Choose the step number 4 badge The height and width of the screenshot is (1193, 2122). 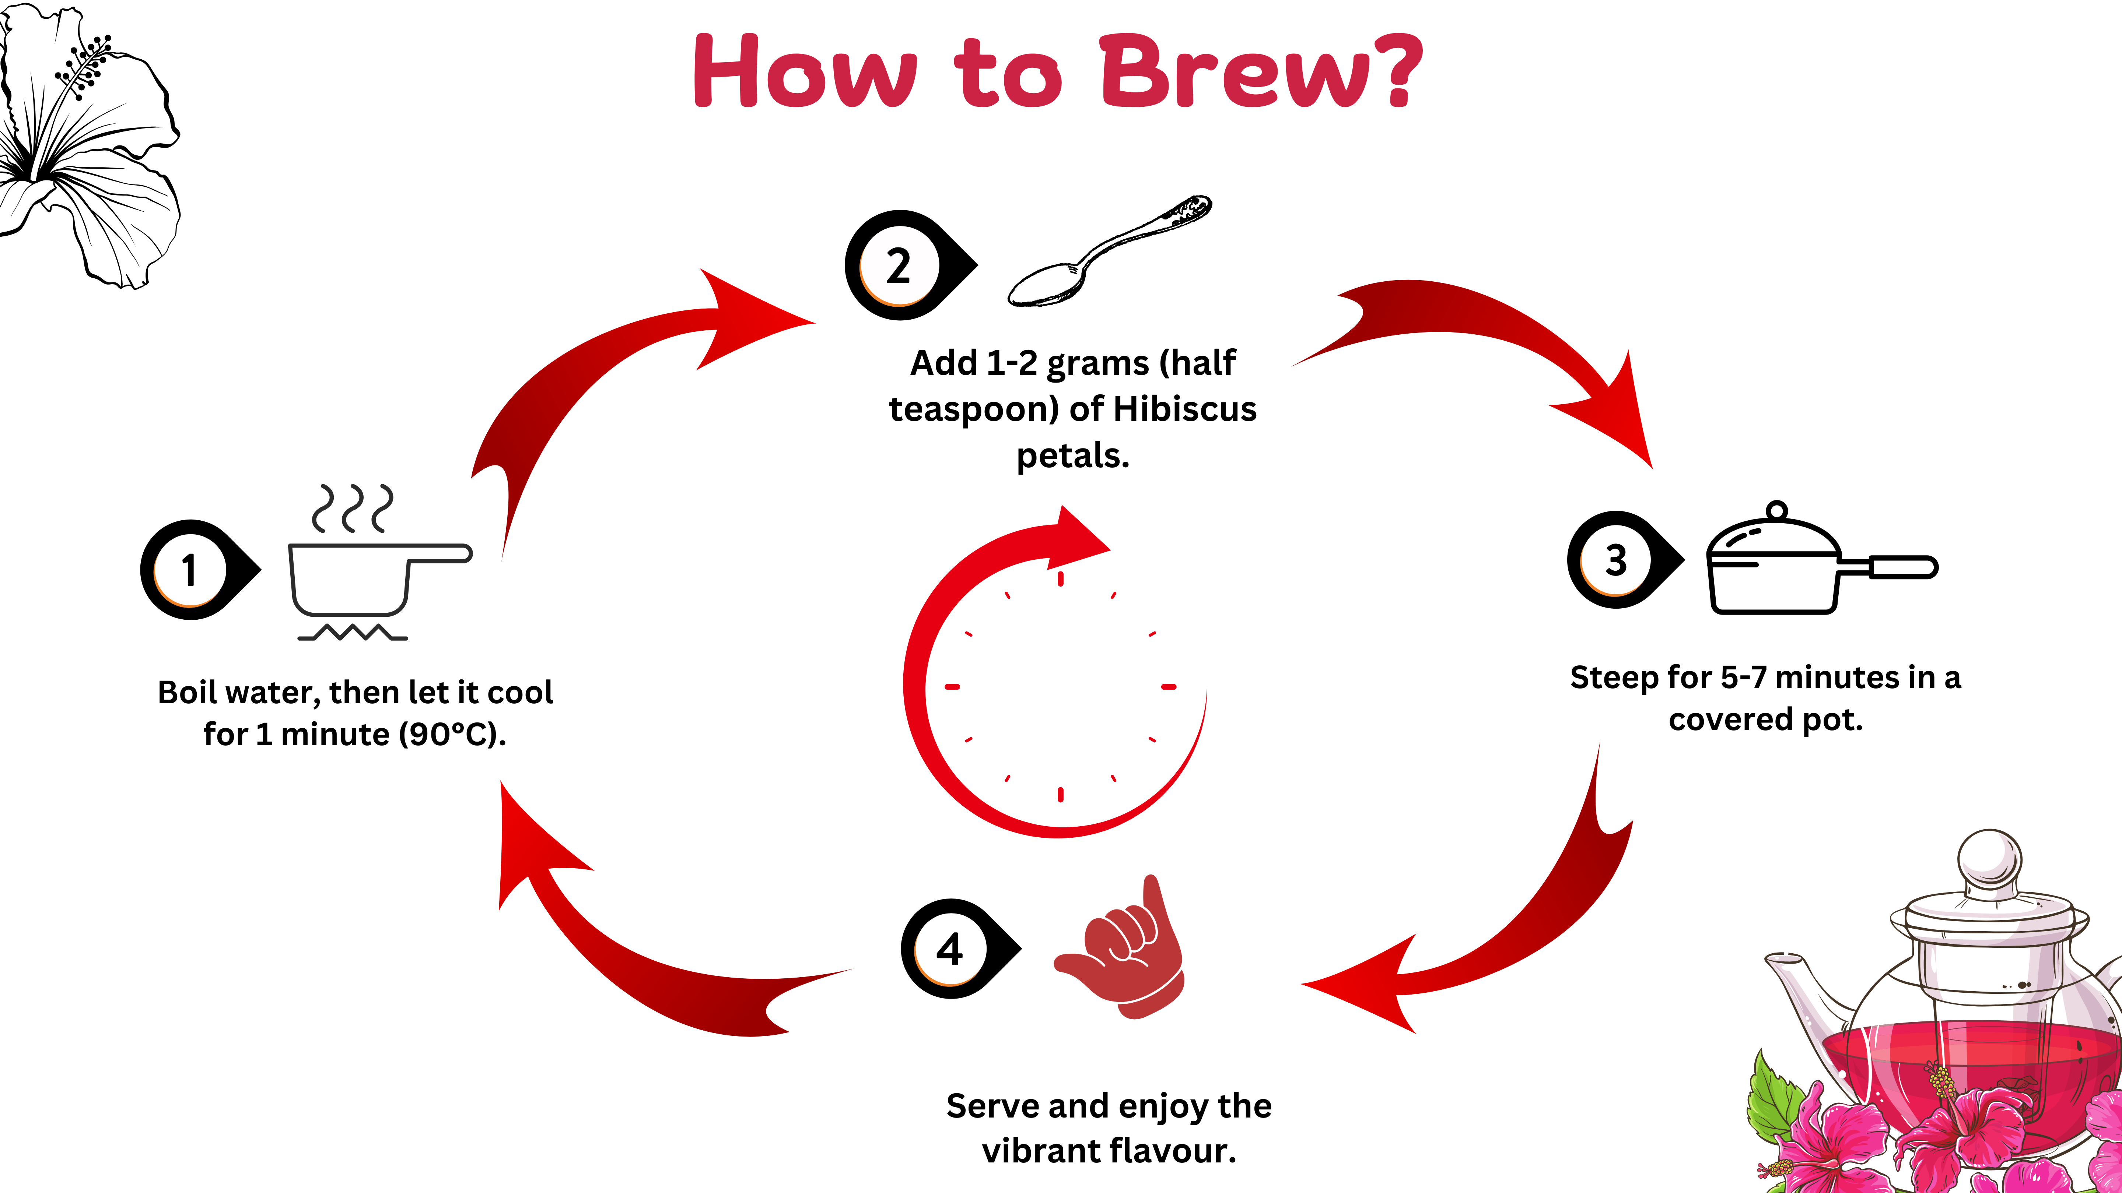tap(950, 949)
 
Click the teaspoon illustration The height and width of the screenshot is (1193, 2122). tap(1108, 251)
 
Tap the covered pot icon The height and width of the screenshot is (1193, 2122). tap(1812, 564)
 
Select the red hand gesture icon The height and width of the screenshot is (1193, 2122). tap(1124, 955)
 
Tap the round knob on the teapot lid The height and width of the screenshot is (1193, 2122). tap(1989, 856)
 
